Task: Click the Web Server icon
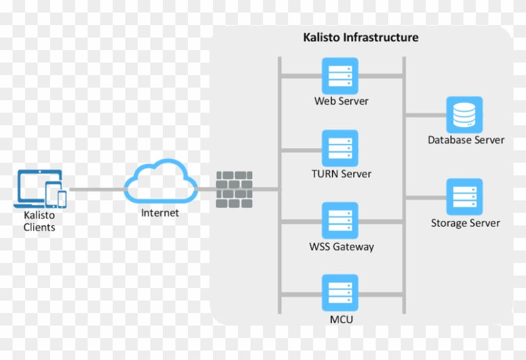click(340, 76)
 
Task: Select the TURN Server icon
click(340, 148)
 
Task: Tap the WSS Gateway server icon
click(340, 220)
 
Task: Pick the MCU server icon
click(340, 292)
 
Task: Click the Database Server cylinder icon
click(464, 115)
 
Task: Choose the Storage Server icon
click(464, 197)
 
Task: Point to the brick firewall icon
click(234, 189)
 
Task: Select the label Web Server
click(341, 101)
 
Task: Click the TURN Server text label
click(341, 173)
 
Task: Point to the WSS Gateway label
click(341, 247)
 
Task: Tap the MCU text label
click(341, 319)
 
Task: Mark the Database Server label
click(466, 140)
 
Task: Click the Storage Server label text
click(465, 223)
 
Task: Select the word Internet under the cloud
click(160, 213)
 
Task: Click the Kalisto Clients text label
click(39, 221)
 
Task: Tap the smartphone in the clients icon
click(62, 198)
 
